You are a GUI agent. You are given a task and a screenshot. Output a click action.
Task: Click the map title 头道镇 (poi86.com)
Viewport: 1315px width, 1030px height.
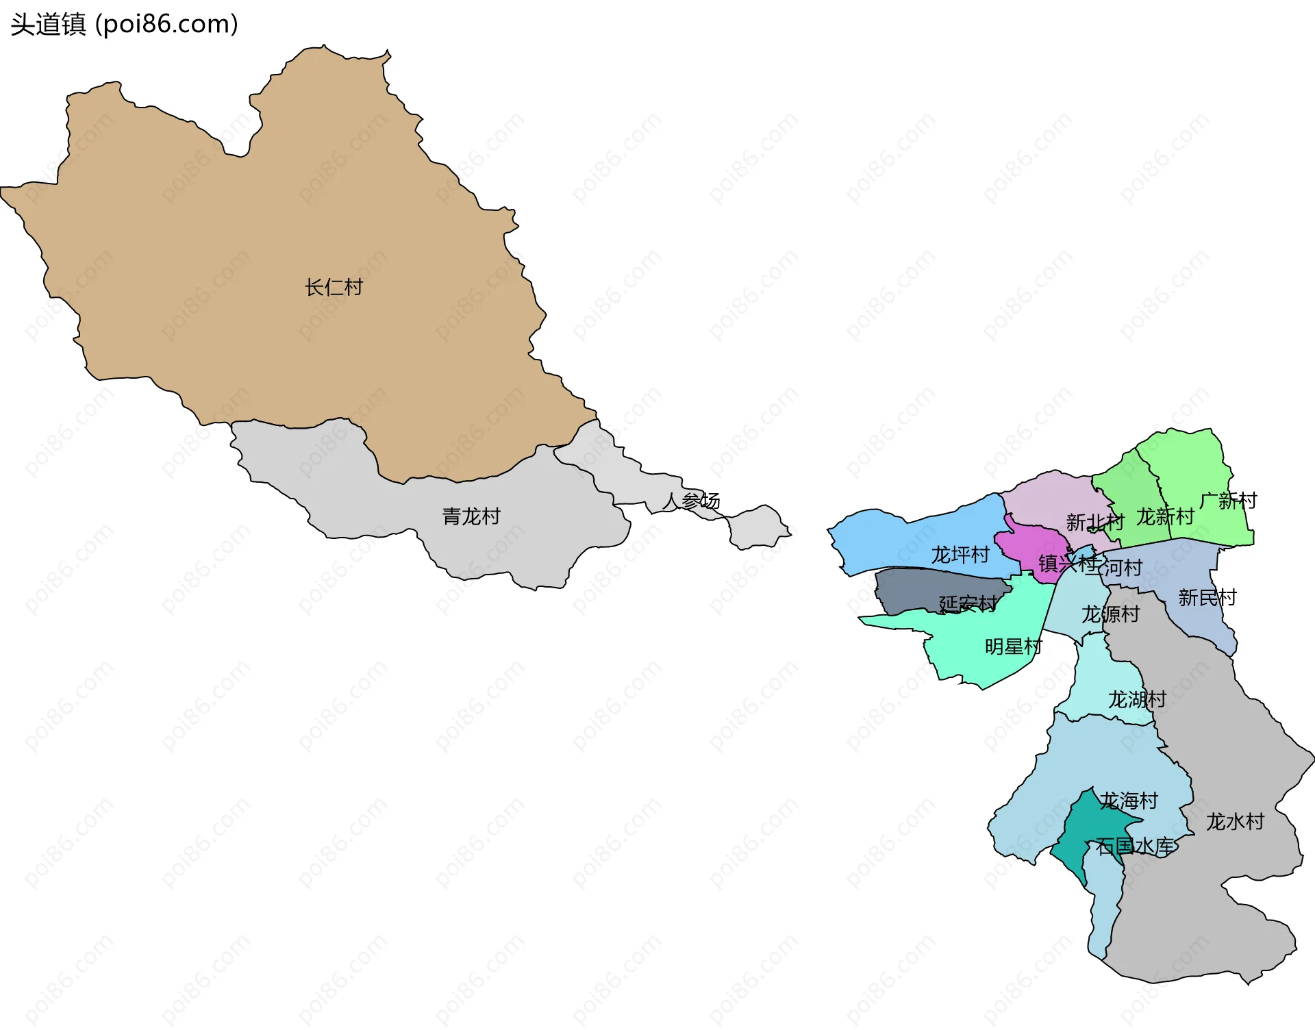click(124, 24)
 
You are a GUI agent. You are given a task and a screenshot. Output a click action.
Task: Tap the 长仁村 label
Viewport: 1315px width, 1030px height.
click(334, 287)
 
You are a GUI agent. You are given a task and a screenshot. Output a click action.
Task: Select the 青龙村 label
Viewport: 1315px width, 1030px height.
click(471, 516)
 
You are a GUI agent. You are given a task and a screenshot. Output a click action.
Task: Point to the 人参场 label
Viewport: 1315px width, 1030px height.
click(691, 501)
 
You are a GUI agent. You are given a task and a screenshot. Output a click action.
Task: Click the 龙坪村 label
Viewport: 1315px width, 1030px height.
click(960, 555)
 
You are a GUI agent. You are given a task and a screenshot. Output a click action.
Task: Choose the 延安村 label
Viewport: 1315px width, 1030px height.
click(968, 603)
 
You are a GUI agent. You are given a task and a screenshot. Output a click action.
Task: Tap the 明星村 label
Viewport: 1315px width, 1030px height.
click(1013, 646)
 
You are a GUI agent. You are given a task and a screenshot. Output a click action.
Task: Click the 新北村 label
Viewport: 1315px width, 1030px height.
click(1094, 523)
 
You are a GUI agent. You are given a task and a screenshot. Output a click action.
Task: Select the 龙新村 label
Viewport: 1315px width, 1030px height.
click(1165, 516)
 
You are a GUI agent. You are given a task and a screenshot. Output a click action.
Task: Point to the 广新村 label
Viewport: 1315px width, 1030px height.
click(1229, 501)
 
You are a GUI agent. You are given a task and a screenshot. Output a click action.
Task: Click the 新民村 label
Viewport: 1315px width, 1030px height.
click(1207, 598)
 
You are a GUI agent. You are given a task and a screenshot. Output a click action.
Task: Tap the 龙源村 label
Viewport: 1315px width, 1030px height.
click(1110, 614)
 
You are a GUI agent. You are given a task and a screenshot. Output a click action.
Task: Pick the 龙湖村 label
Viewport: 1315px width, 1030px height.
click(1137, 699)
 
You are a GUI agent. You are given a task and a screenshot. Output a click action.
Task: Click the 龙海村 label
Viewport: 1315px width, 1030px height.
click(1129, 801)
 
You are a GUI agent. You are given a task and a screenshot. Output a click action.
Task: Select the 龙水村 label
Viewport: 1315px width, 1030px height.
click(1235, 821)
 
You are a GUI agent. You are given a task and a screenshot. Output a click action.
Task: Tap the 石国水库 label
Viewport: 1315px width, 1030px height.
click(1135, 846)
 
